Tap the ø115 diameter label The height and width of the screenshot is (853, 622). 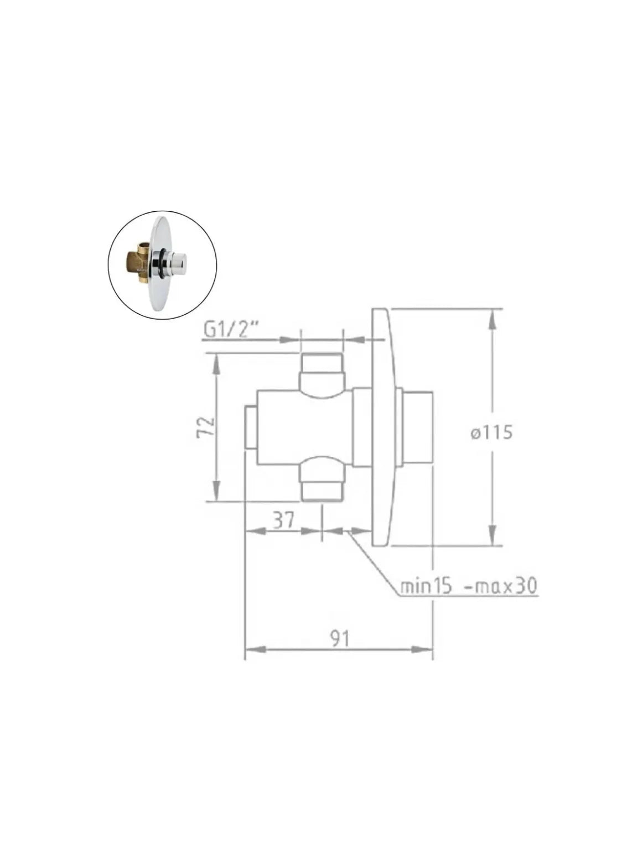point(491,433)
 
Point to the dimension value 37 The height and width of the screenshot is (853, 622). point(284,519)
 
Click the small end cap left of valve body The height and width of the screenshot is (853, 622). point(251,427)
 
